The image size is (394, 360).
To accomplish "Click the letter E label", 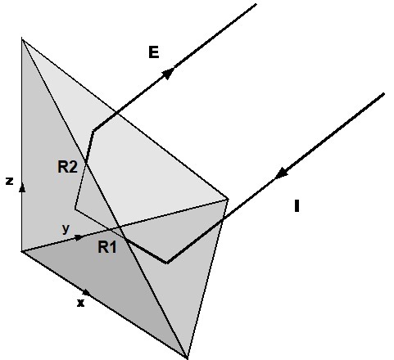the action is (x=154, y=52).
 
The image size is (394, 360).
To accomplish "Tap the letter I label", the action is (x=297, y=206).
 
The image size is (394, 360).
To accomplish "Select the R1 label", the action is (x=107, y=247).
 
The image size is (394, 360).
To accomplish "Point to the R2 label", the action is (x=67, y=167).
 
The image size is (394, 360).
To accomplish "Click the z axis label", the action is (x=10, y=181).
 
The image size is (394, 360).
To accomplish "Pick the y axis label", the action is (x=66, y=228).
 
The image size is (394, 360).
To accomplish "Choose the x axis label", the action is (x=80, y=303).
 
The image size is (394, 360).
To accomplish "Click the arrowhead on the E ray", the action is (x=168, y=73).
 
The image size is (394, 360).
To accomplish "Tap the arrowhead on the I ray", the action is (x=281, y=173).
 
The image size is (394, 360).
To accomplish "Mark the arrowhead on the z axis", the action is (x=22, y=187).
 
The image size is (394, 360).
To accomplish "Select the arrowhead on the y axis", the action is (x=79, y=237).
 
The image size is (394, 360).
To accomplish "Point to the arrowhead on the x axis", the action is (x=87, y=292).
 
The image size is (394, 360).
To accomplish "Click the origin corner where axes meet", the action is (x=22, y=251).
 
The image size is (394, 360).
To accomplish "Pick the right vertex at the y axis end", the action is (x=228, y=200).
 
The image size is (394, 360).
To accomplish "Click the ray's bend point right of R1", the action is (x=167, y=263).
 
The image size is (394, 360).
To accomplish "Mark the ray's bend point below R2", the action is (x=75, y=209).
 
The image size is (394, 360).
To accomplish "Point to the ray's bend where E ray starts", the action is (x=93, y=131).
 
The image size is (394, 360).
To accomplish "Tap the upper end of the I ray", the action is (x=384, y=94).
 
